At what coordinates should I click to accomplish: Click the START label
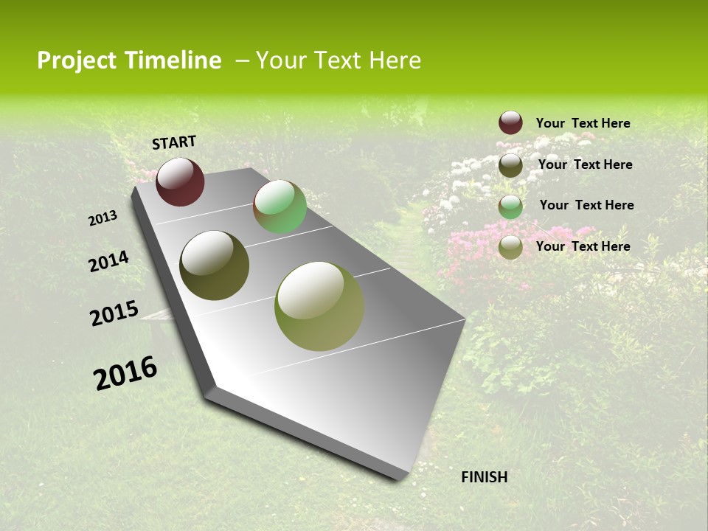(174, 142)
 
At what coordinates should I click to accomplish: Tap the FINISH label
(485, 477)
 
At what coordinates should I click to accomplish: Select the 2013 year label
(103, 218)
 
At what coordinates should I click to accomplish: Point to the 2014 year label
(109, 262)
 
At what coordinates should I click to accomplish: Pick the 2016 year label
(125, 373)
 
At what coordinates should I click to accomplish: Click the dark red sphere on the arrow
(180, 181)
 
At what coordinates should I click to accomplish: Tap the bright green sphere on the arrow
(280, 206)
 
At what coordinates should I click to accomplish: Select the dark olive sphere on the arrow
(214, 265)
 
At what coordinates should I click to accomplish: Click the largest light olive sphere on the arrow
(319, 306)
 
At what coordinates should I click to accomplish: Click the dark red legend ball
(510, 123)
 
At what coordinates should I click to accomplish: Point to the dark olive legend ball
(510, 165)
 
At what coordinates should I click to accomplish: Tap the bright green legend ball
(510, 206)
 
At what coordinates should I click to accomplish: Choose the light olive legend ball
(510, 248)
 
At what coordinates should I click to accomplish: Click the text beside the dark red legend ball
(583, 124)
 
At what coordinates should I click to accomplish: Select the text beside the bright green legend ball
(586, 205)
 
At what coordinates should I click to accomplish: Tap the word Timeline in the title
(173, 60)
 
